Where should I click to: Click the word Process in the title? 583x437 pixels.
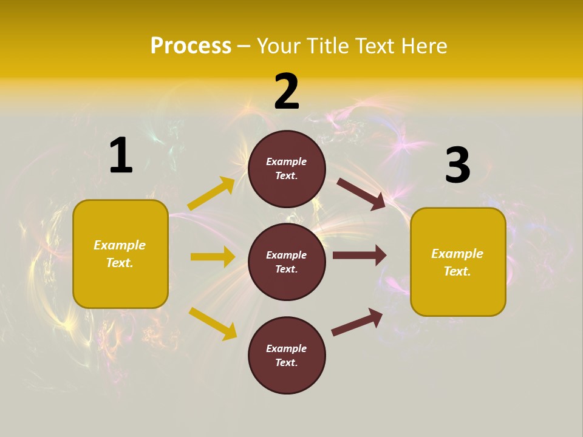(x=191, y=46)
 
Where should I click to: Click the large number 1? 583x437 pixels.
(x=121, y=156)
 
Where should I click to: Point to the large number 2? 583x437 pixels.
(x=287, y=92)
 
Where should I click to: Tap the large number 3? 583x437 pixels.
(x=458, y=165)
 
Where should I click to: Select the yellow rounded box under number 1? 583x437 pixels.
(x=120, y=254)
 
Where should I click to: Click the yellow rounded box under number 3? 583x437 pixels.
(x=458, y=262)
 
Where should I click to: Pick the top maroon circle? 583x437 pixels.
(x=287, y=169)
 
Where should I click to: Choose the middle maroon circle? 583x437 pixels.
(x=287, y=262)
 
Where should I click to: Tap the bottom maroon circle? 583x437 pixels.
(x=287, y=356)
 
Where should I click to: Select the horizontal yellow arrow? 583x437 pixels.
(x=213, y=257)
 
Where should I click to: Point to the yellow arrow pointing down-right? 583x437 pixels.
(x=213, y=324)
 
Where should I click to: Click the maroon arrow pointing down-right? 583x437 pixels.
(x=361, y=194)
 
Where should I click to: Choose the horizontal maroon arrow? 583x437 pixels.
(x=360, y=256)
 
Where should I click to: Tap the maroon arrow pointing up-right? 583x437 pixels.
(x=357, y=322)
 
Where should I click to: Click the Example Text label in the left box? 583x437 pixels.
(x=120, y=254)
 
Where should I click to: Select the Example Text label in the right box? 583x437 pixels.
(x=457, y=262)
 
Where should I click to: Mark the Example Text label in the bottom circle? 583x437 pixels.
(x=287, y=356)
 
